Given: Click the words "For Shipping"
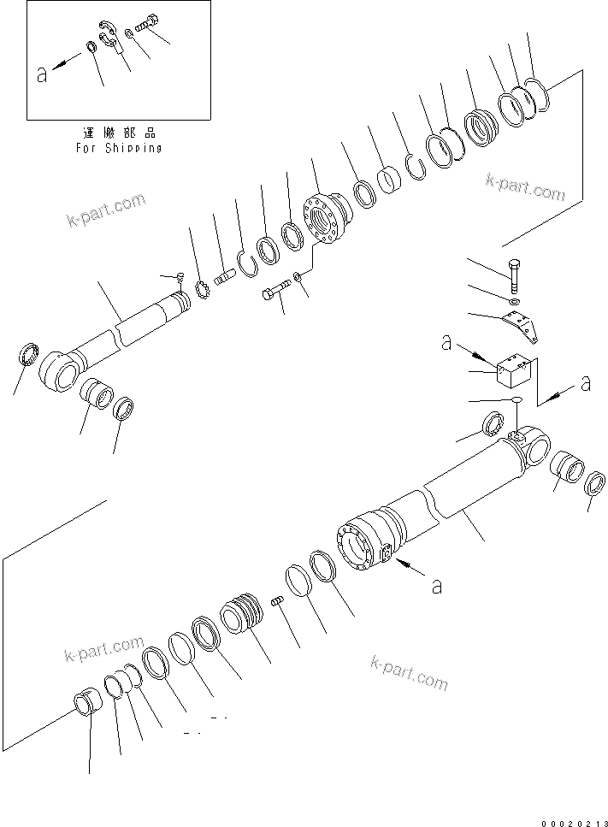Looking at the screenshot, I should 118,147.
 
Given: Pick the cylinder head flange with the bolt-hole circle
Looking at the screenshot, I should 325,219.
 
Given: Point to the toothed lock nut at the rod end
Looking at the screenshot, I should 204,292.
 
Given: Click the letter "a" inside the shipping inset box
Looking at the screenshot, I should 42,74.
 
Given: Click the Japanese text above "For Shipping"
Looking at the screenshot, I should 118,133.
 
